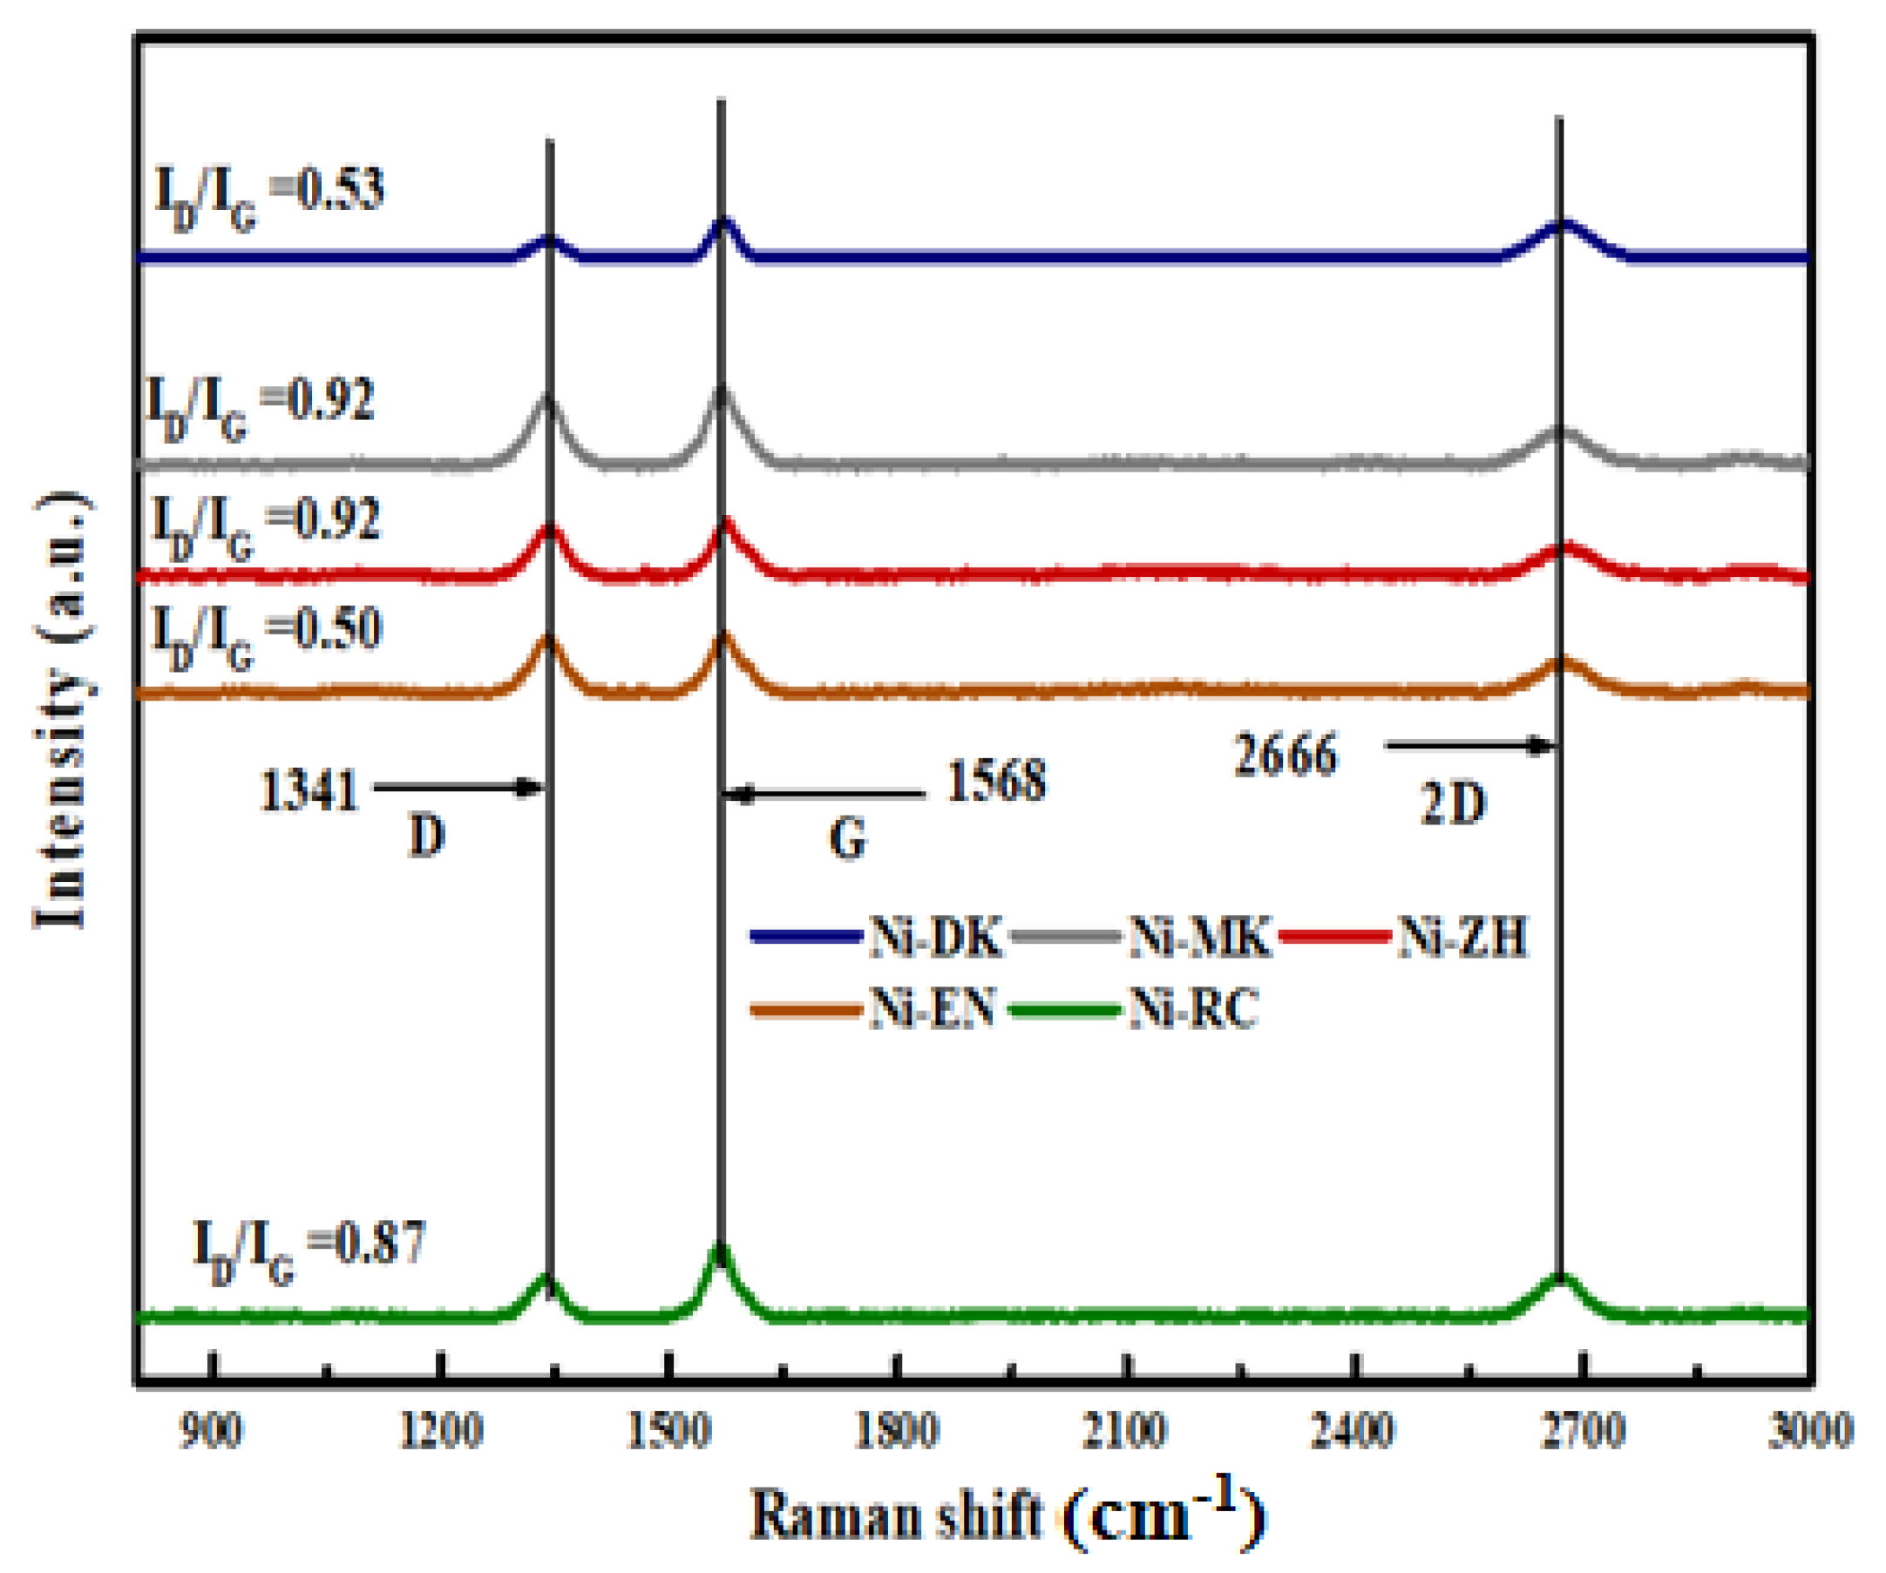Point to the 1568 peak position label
(997, 781)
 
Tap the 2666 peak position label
(1286, 754)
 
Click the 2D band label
(1452, 803)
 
